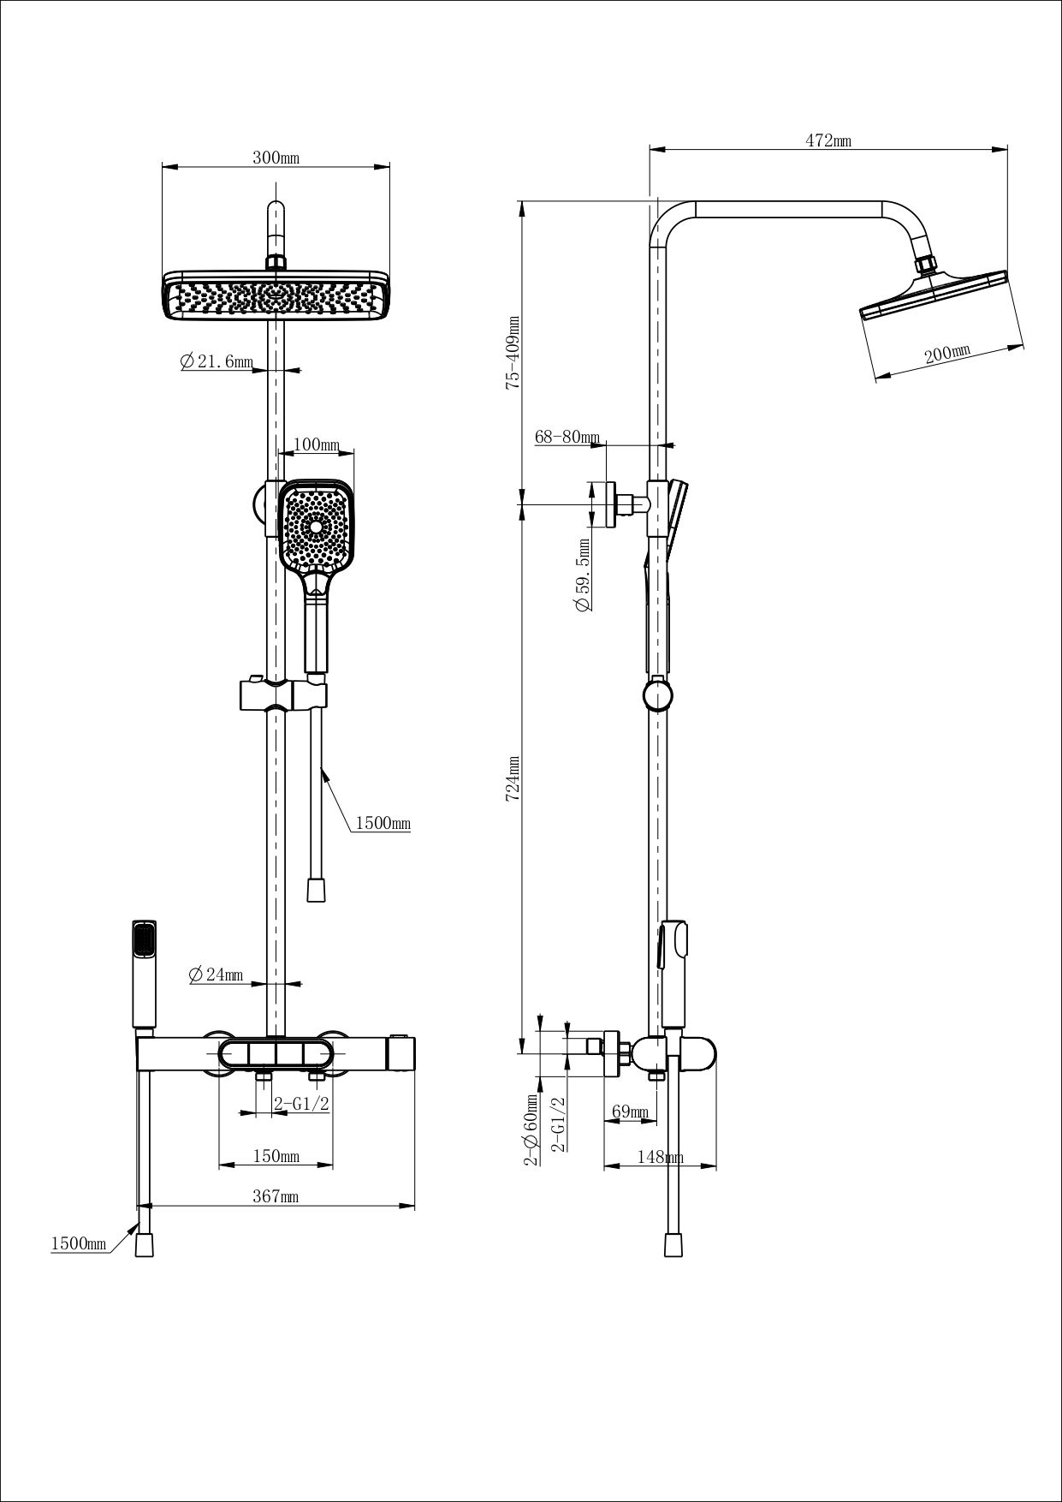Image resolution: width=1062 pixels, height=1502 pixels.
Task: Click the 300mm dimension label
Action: tap(276, 158)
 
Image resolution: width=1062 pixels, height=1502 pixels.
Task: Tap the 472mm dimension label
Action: tap(828, 141)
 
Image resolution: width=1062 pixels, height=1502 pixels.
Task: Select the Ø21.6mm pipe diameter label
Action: tap(216, 362)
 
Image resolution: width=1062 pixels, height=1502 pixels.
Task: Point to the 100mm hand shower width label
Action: tap(316, 445)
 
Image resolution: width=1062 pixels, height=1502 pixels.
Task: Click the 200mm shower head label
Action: tap(947, 354)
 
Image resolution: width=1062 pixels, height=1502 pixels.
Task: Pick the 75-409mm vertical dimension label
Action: tap(513, 353)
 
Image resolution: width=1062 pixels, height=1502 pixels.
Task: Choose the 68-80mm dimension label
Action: tap(567, 438)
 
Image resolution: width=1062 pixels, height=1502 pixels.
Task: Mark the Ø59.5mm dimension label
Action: tap(584, 574)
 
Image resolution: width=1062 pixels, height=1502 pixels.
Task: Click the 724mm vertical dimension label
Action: tap(513, 778)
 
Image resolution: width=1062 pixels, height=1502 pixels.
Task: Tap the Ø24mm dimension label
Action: tap(215, 975)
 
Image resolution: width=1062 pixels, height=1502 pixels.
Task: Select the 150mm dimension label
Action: tap(276, 1157)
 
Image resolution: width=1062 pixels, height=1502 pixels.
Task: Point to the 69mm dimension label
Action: tap(630, 1112)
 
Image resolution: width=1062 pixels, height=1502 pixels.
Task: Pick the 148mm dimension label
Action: tap(660, 1157)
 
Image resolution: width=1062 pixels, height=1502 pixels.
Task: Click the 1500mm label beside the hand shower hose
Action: tap(383, 824)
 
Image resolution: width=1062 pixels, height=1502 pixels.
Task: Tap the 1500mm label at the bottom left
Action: tap(79, 1243)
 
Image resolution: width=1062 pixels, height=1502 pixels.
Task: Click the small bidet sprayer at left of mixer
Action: tap(144, 974)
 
